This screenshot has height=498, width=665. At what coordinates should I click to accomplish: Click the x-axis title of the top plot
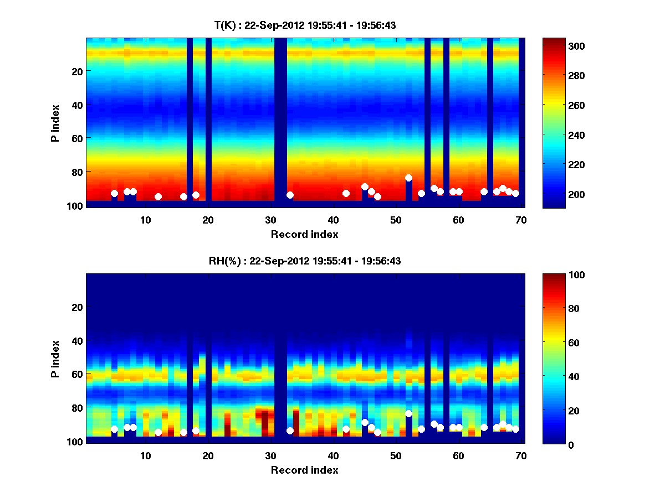305,234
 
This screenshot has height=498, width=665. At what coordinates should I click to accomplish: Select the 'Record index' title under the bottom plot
305,470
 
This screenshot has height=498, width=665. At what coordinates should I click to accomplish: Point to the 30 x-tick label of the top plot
270,220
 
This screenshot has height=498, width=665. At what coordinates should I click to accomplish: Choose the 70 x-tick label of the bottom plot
521,455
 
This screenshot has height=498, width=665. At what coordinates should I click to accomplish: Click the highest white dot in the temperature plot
408,178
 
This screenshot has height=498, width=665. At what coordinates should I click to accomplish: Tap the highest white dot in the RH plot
408,413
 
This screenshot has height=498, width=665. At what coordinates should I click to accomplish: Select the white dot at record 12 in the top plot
158,196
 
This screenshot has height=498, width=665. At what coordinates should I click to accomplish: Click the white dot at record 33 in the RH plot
290,430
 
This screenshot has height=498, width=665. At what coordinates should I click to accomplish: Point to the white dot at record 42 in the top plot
346,193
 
